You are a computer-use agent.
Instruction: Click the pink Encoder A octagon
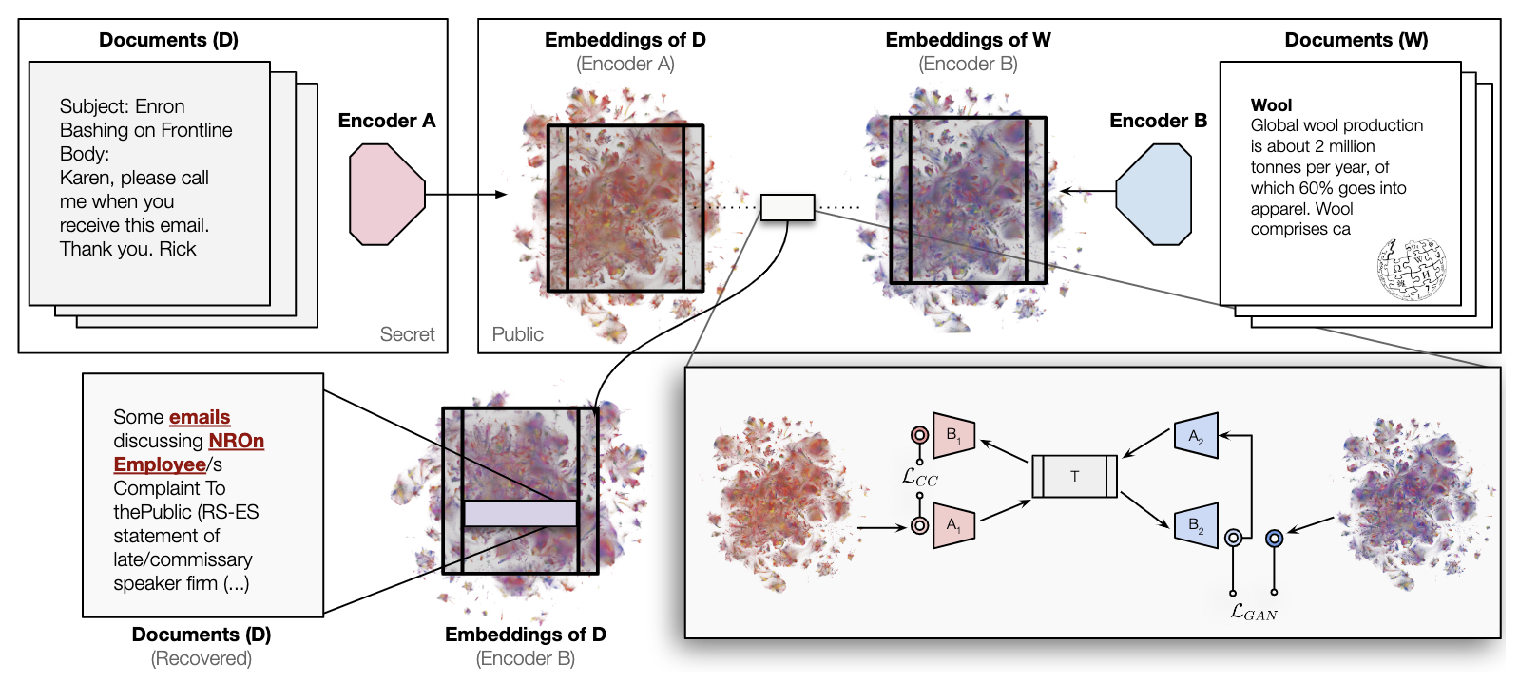click(387, 195)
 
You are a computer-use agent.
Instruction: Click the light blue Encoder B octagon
click(1153, 195)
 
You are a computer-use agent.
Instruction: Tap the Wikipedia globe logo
click(1412, 269)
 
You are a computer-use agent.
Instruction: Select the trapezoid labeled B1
click(954, 434)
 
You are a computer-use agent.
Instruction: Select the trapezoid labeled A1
click(954, 524)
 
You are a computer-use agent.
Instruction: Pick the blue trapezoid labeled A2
click(1196, 436)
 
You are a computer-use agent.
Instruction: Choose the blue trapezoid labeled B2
click(1196, 525)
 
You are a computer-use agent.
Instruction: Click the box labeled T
click(1074, 477)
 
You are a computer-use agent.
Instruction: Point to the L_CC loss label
click(919, 477)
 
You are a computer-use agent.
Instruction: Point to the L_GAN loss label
click(1253, 612)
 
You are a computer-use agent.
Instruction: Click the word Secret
click(407, 334)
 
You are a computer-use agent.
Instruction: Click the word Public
click(517, 334)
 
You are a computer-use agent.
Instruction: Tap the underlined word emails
click(200, 417)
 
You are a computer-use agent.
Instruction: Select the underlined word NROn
click(236, 441)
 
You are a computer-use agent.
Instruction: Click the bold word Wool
click(1271, 105)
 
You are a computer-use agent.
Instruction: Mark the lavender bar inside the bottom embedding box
click(520, 513)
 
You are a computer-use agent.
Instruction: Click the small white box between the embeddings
click(787, 207)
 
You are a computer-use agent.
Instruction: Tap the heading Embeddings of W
click(968, 40)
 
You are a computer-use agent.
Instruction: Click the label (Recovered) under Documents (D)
click(202, 658)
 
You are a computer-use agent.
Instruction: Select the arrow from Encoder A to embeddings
click(467, 195)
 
